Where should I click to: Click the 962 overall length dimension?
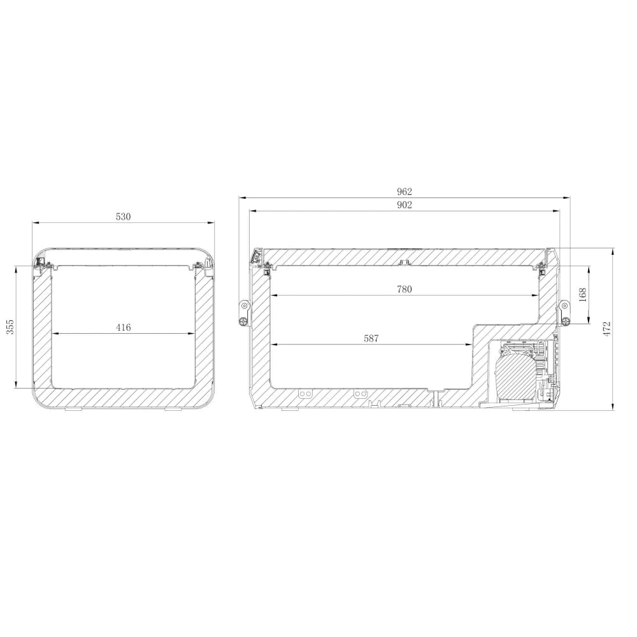(404, 191)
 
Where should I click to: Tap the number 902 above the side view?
(404, 204)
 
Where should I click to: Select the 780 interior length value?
(404, 289)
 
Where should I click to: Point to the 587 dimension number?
(371, 339)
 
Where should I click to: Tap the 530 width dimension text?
(123, 217)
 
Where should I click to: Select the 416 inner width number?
(123, 327)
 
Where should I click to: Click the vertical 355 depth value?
(10, 327)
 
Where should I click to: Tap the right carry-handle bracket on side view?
(564, 312)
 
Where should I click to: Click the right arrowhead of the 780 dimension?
(536, 296)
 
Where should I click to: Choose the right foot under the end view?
(173, 410)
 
